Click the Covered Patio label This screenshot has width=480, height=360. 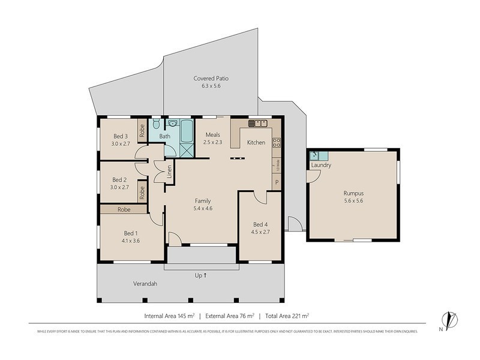tap(211, 78)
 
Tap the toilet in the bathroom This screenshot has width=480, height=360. tap(155, 124)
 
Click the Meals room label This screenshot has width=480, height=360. tap(213, 135)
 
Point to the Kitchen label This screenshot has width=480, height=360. tap(256, 142)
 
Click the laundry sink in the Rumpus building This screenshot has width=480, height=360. tap(315, 155)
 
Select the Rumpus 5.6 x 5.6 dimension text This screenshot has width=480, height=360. tap(353, 201)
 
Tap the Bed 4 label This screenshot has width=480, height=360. tap(260, 225)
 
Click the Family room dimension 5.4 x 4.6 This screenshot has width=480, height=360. tap(203, 208)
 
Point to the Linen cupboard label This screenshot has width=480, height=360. tap(170, 173)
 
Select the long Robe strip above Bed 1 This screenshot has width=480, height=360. tap(124, 210)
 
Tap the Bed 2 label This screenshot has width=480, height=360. tap(120, 179)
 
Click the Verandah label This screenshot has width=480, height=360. tap(145, 284)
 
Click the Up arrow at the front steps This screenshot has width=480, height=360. tap(202, 275)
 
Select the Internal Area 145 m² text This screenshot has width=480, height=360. tap(170, 315)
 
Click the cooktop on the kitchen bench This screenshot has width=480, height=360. tap(277, 143)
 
